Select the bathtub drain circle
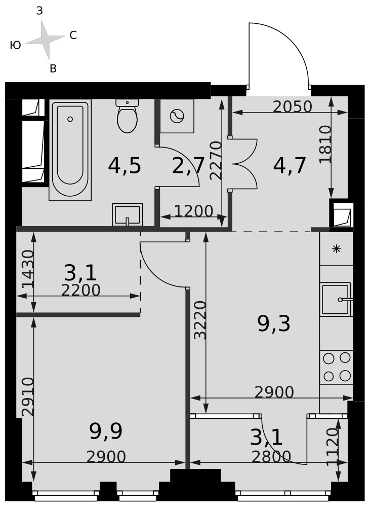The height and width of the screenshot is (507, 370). tap(70, 119)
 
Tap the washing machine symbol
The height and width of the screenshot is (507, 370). tap(177, 116)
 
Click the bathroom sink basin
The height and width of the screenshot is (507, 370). tap(127, 214)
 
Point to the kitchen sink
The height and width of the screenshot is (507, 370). tap(336, 300)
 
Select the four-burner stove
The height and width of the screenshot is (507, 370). tap(337, 367)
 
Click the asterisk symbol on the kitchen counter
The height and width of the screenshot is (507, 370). tap(337, 249)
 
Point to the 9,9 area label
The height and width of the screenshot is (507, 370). tap(106, 431)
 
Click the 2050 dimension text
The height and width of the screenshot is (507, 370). tap(293, 106)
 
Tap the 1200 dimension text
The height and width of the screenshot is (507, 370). tap(194, 211)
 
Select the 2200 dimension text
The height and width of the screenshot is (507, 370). tap(80, 291)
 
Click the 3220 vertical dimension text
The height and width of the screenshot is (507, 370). tap(200, 320)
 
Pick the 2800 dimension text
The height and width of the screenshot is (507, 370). tap(271, 457)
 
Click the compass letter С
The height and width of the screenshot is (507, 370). tap(73, 35)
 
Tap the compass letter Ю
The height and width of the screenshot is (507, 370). tap(16, 45)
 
